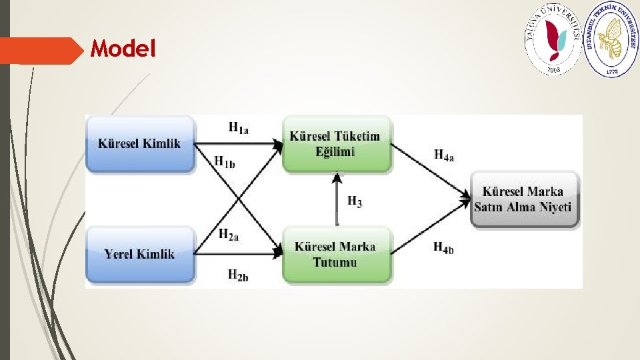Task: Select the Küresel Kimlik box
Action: coord(139,143)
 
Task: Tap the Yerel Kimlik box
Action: coord(139,253)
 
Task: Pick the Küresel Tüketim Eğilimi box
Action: coord(335,144)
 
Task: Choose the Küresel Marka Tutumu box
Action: coord(335,254)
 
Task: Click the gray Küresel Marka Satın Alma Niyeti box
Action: coord(523,199)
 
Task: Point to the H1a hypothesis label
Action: coord(239,127)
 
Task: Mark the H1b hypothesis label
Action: coord(224,161)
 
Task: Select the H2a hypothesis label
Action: coord(229,233)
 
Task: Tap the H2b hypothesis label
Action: coord(239,274)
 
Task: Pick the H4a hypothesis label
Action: coord(444,155)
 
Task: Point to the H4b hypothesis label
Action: coord(444,248)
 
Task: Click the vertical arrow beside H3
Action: coord(337,200)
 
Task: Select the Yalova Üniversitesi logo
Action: coord(553,37)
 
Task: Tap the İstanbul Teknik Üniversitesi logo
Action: coord(611,37)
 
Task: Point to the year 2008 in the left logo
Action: coord(553,67)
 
